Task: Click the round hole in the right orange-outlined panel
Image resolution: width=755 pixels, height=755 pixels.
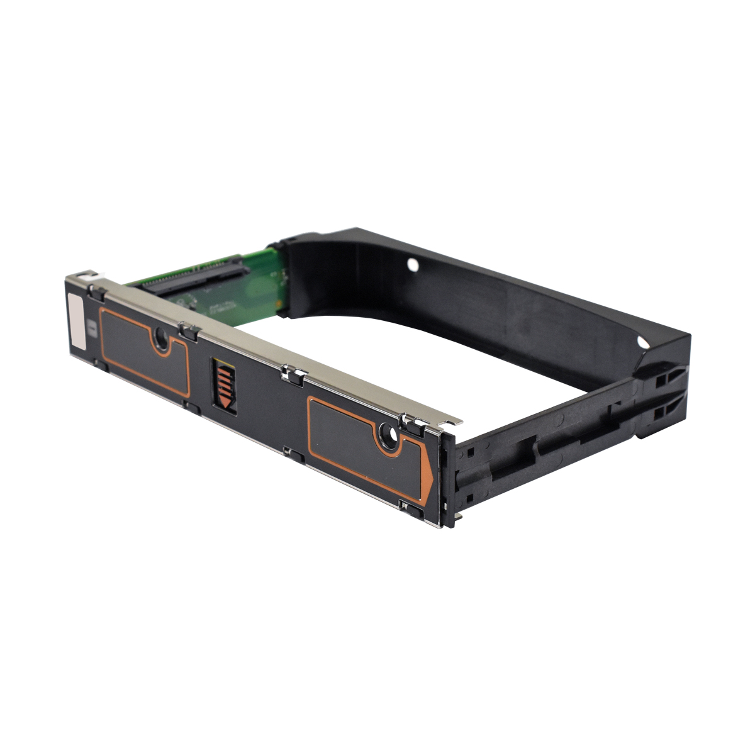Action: (x=388, y=435)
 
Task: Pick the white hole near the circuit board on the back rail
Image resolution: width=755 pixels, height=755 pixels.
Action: (x=413, y=265)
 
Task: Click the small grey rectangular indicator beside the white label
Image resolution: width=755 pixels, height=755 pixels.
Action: (x=94, y=328)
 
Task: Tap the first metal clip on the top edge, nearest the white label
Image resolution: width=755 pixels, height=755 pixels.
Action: (x=96, y=291)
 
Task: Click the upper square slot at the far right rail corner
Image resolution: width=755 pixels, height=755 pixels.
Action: (x=661, y=381)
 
